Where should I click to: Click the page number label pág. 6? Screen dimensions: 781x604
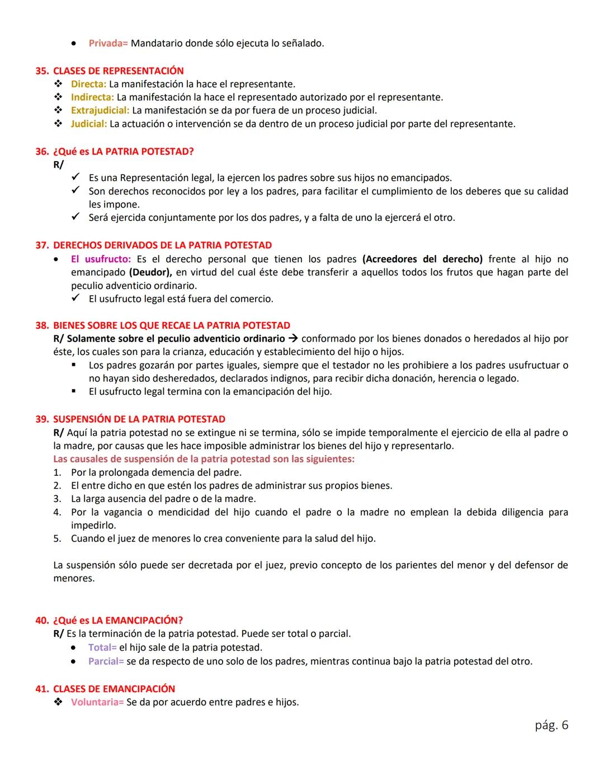(551, 725)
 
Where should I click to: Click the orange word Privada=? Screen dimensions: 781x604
(108, 43)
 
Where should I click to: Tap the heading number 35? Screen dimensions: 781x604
(42, 71)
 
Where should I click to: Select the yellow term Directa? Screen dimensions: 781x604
(88, 84)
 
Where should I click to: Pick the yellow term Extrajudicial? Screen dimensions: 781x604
(100, 111)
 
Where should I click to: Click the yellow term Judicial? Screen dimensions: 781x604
(88, 124)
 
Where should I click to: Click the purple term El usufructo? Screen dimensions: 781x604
(101, 259)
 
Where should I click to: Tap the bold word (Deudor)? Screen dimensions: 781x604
(150, 272)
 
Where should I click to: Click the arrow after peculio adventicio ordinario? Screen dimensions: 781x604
(294, 339)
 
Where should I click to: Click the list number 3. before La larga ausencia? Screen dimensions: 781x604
(57, 499)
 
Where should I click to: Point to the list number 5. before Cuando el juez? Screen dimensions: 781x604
(57, 539)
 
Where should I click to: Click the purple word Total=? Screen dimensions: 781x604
(102, 648)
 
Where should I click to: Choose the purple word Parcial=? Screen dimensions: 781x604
(106, 661)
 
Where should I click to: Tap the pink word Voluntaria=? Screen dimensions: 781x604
(97, 702)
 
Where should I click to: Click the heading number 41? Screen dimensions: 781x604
(42, 689)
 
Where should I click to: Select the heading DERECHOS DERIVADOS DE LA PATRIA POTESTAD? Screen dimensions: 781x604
(162, 245)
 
